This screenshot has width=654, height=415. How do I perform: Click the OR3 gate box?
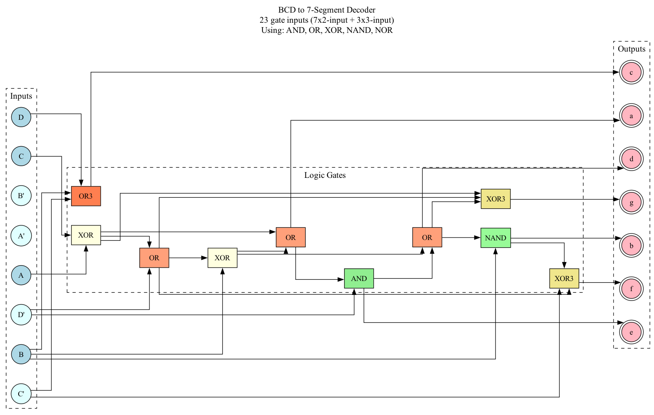pyautogui.click(x=86, y=196)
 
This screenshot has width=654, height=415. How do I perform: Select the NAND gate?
pyautogui.click(x=496, y=238)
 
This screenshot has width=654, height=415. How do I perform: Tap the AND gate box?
pyautogui.click(x=359, y=279)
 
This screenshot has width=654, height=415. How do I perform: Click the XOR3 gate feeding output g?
pyautogui.click(x=496, y=199)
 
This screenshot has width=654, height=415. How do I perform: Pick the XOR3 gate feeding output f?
pyautogui.click(x=564, y=279)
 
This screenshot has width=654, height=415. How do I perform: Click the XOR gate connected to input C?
pyautogui.click(x=86, y=235)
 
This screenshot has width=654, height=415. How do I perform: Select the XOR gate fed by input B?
pyautogui.click(x=222, y=258)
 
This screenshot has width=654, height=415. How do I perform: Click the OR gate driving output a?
pyautogui.click(x=290, y=238)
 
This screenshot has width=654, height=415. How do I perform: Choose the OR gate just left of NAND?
pyautogui.click(x=427, y=238)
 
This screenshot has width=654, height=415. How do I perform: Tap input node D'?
pyautogui.click(x=21, y=315)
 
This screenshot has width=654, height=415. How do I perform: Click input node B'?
pyautogui.click(x=21, y=196)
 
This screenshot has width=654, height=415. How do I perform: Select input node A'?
pyautogui.click(x=21, y=236)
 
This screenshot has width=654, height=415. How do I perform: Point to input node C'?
pyautogui.click(x=21, y=394)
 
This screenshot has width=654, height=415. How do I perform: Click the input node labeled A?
pyautogui.click(x=21, y=275)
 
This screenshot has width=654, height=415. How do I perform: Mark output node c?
pyautogui.click(x=631, y=72)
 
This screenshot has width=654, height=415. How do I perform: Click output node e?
pyautogui.click(x=631, y=332)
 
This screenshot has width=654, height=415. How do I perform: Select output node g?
pyautogui.click(x=631, y=202)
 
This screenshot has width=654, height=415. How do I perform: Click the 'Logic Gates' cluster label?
pyautogui.click(x=325, y=175)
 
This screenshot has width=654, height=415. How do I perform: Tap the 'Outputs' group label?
pyautogui.click(x=631, y=49)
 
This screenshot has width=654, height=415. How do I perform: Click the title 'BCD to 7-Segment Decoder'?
pyautogui.click(x=327, y=10)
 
